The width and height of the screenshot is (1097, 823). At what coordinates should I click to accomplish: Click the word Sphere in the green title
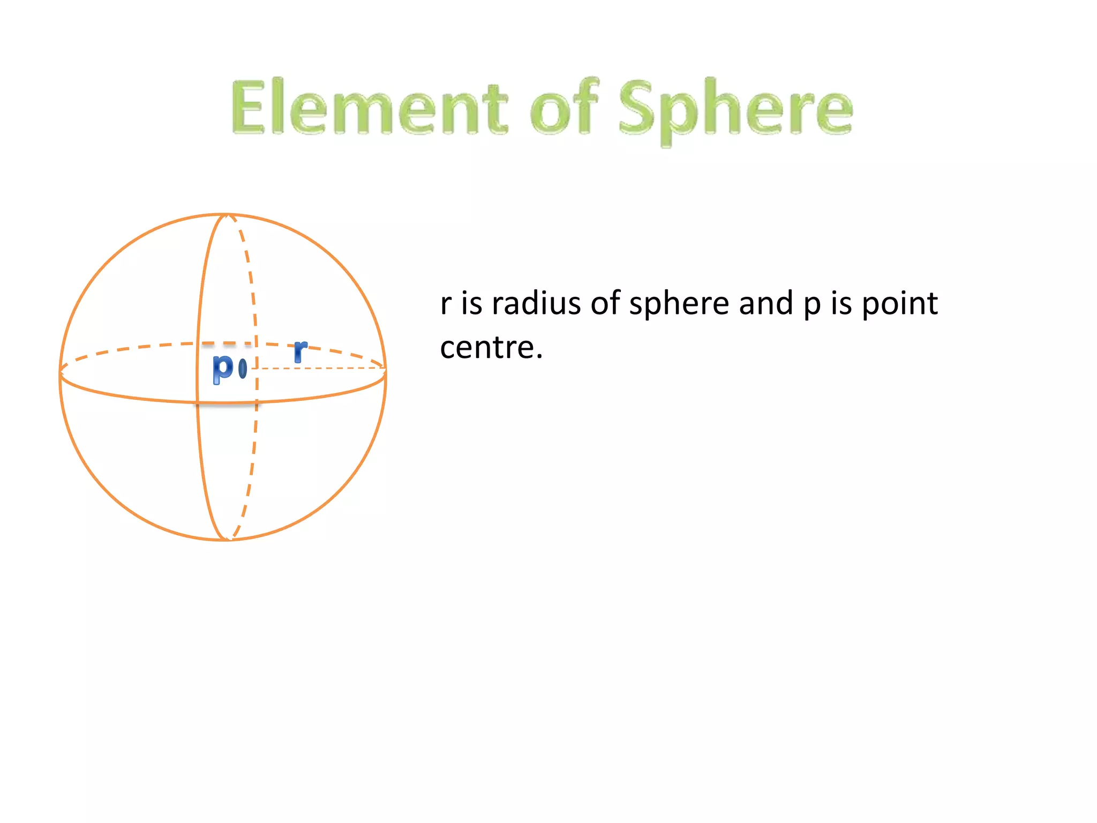point(735,110)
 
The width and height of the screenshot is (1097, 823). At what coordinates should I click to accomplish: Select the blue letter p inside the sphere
point(223,368)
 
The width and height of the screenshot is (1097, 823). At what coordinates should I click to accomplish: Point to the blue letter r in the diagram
point(300,351)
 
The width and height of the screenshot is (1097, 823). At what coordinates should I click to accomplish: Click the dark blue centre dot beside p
point(243,368)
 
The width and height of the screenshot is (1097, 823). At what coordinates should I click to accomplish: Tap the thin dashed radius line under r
point(321,369)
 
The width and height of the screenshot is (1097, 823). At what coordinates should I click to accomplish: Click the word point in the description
point(899,303)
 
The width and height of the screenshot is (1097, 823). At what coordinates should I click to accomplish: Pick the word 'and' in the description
point(766,303)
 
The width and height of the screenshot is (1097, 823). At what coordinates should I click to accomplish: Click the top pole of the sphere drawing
point(227,215)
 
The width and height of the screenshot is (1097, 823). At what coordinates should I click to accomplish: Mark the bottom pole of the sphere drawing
point(227,540)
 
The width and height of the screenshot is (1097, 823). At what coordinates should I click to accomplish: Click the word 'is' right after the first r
point(471,303)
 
